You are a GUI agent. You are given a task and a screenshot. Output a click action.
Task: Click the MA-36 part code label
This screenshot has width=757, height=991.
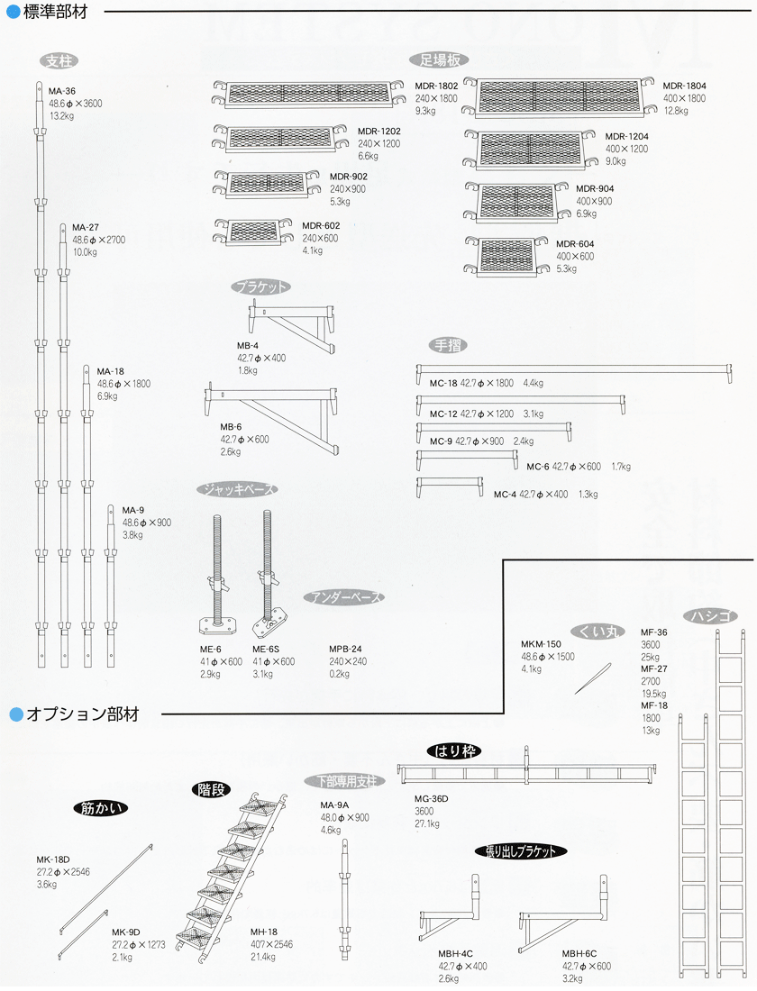point(62,91)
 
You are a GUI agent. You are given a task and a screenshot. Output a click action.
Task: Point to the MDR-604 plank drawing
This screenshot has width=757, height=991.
point(506,256)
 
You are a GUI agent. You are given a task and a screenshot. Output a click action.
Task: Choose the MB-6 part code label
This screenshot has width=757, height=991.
point(232,426)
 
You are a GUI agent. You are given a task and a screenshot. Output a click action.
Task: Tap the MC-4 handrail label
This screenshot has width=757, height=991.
point(506,494)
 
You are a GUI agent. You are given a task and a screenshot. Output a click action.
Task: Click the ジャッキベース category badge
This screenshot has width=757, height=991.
point(236,489)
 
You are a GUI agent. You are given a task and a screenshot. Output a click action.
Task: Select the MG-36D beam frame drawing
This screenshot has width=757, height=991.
point(526,773)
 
